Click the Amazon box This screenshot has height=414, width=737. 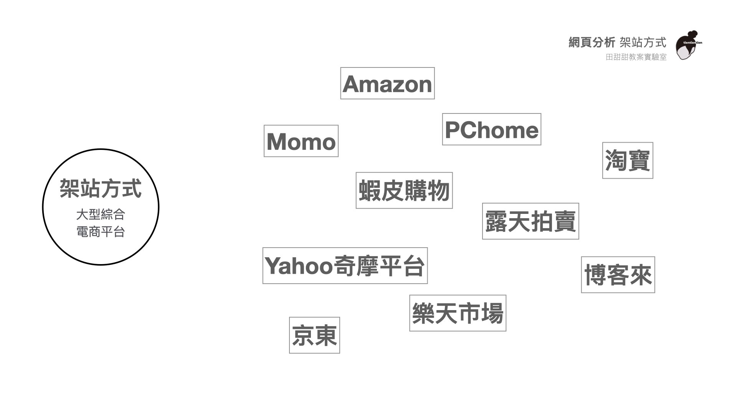pyautogui.click(x=387, y=84)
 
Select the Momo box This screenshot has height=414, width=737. pyautogui.click(x=301, y=141)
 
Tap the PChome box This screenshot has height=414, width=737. pyautogui.click(x=491, y=130)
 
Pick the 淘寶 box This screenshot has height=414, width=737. pyautogui.click(x=628, y=161)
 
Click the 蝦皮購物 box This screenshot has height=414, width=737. pyautogui.click(x=404, y=191)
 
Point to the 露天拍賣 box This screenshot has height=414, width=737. pyautogui.click(x=530, y=221)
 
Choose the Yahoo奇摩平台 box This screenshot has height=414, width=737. pyautogui.click(x=345, y=266)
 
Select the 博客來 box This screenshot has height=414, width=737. pyautogui.click(x=618, y=275)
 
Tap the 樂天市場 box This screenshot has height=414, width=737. pyautogui.click(x=458, y=313)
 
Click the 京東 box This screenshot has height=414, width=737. pyautogui.click(x=314, y=335)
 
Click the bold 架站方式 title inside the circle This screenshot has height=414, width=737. pyautogui.click(x=101, y=188)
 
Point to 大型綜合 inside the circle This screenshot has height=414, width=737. pyautogui.click(x=101, y=214)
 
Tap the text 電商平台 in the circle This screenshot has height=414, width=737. pyautogui.click(x=101, y=232)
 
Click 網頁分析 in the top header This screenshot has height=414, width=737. pyautogui.click(x=592, y=43)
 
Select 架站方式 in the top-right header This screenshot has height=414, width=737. pyautogui.click(x=643, y=43)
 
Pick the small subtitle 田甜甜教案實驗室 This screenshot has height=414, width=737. pyautogui.click(x=636, y=57)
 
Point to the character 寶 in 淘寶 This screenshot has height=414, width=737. pyautogui.click(x=639, y=161)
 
